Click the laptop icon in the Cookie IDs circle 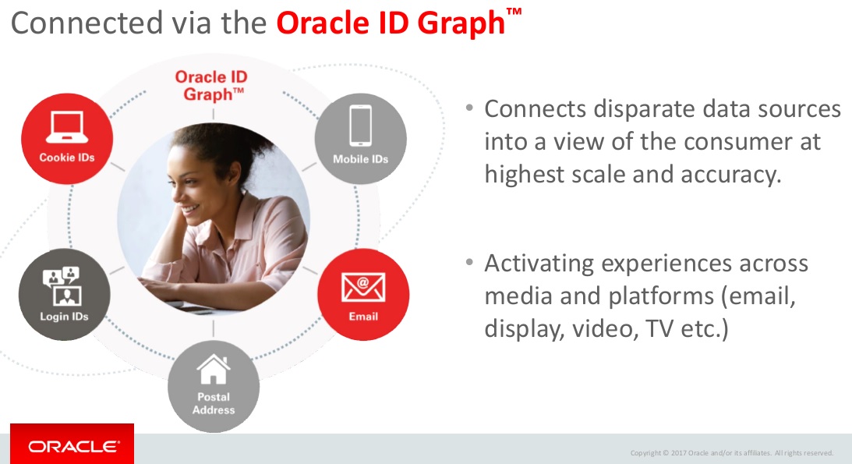tap(67, 127)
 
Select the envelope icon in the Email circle tap(363, 288)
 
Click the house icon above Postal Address tap(214, 370)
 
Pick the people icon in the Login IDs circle tap(64, 285)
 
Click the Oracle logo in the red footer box tap(74, 447)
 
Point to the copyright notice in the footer tap(731, 453)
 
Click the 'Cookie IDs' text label tap(67, 158)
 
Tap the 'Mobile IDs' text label tap(360, 159)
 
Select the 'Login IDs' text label tap(64, 317)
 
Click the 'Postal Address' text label tap(214, 403)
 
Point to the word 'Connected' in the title tap(86, 23)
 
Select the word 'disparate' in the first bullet tap(638, 109)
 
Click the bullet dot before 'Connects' tap(470, 108)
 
